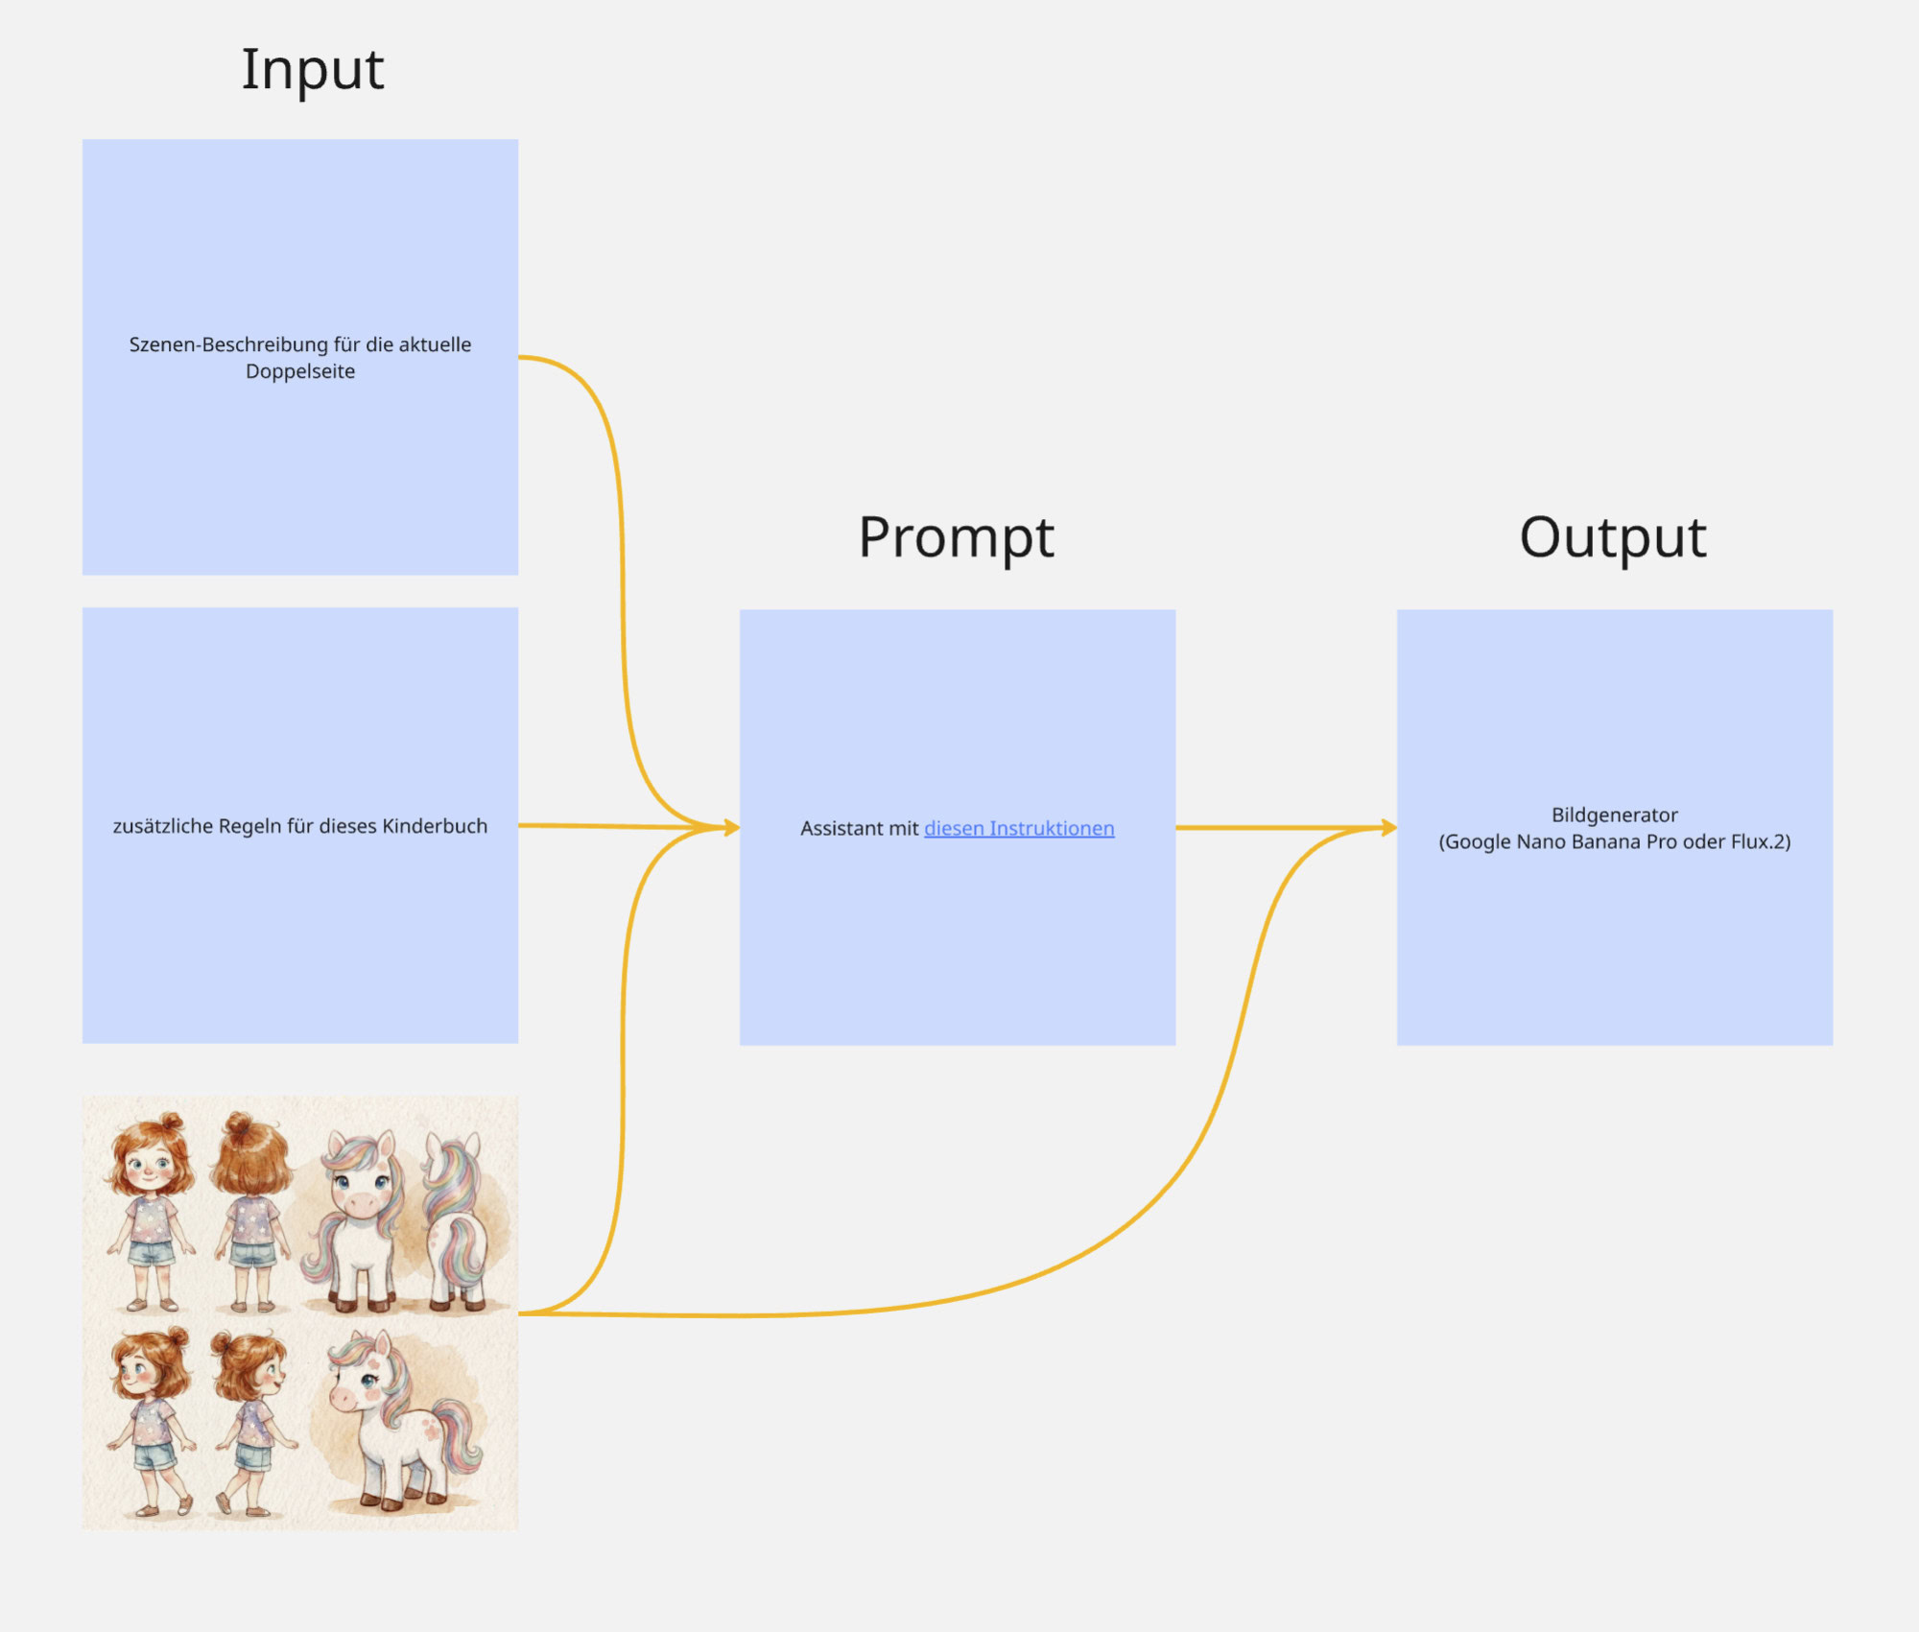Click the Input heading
[x=312, y=70]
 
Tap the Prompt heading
[x=956, y=537]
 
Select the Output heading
[x=1613, y=537]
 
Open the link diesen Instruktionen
[x=1019, y=828]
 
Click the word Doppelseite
[x=300, y=371]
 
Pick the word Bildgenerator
[x=1614, y=815]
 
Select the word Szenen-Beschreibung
[x=228, y=344]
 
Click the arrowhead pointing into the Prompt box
[x=731, y=827]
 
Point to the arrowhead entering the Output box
[x=1388, y=827]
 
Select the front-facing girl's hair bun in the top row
[x=172, y=1123]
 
